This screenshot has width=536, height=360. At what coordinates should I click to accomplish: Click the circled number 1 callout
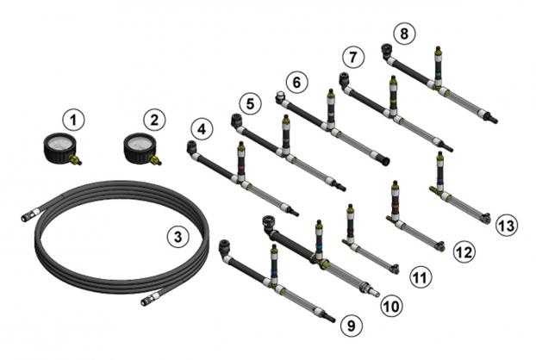(73, 120)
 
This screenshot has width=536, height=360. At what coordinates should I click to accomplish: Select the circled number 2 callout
(154, 120)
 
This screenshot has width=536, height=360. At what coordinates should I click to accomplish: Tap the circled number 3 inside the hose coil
(178, 236)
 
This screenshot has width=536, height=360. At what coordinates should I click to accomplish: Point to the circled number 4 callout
(202, 129)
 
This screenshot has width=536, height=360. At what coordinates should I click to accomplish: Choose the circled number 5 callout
(250, 103)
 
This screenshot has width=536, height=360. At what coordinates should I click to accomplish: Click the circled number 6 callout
(296, 83)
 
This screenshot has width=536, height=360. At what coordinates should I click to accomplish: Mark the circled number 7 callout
(353, 57)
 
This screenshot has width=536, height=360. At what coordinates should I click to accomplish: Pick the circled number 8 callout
(404, 34)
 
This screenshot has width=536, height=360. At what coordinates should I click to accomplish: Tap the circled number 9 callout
(352, 326)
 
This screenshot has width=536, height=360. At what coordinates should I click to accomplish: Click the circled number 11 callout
(421, 277)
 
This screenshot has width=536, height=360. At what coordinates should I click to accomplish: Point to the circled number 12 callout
(464, 252)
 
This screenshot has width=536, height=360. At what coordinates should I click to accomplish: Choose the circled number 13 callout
(507, 226)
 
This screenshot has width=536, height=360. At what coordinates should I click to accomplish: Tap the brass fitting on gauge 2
(155, 159)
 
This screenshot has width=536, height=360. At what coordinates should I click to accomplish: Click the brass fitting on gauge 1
(75, 159)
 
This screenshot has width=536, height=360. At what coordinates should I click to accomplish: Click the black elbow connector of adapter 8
(387, 52)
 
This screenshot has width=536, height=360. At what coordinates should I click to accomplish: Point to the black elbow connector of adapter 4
(191, 148)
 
